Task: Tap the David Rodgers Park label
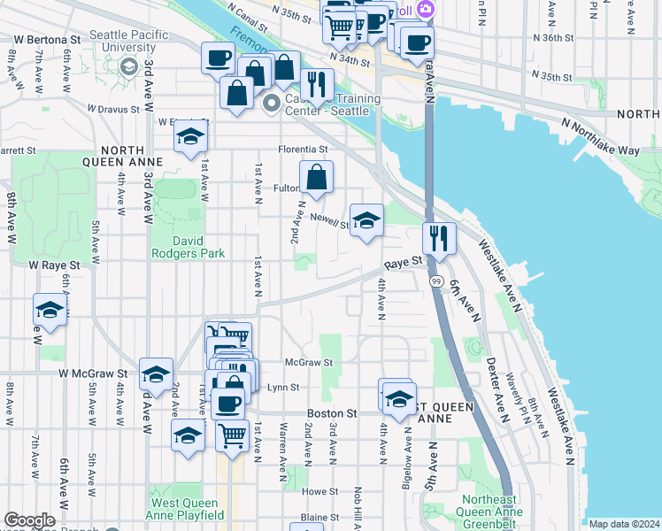(x=188, y=247)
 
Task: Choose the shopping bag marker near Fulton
(x=316, y=178)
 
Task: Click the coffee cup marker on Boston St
(x=227, y=404)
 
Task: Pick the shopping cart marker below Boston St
(x=232, y=435)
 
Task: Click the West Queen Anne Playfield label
(x=186, y=508)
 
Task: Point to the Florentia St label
(x=304, y=150)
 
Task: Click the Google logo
(x=29, y=520)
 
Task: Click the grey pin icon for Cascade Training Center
(x=272, y=104)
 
